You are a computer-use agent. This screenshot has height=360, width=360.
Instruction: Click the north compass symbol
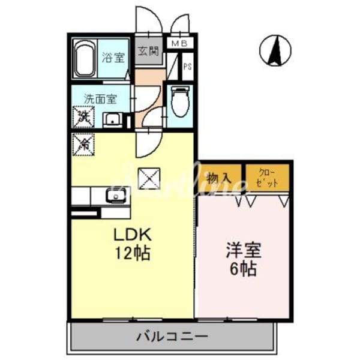coord(275,51)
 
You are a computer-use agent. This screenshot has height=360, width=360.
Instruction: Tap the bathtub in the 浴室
coord(86,58)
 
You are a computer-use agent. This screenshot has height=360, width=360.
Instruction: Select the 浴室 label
coord(113,58)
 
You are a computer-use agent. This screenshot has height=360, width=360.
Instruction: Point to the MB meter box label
coord(179,43)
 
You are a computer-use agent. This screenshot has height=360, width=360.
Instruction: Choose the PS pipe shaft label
coord(187,66)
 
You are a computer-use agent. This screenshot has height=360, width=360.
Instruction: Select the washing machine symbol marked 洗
coord(84,116)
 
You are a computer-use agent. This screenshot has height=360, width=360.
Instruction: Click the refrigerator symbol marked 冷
coord(84,143)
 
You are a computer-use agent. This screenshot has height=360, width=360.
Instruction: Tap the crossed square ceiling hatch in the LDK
coord(147,176)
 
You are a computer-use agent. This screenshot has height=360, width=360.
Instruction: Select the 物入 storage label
coord(220,178)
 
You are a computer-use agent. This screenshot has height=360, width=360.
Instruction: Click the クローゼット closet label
coord(268,178)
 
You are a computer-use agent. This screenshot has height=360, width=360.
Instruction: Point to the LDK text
coord(132,234)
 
